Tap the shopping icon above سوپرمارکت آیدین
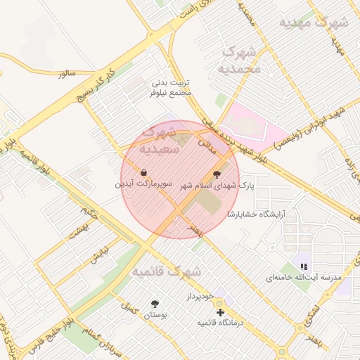click(x=143, y=172)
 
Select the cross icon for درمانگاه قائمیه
click(x=220, y=311)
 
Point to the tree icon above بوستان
click(x=155, y=304)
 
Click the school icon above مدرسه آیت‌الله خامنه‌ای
click(x=304, y=266)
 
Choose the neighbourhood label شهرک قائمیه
click(x=167, y=271)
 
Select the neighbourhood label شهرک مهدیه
click(x=314, y=22)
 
